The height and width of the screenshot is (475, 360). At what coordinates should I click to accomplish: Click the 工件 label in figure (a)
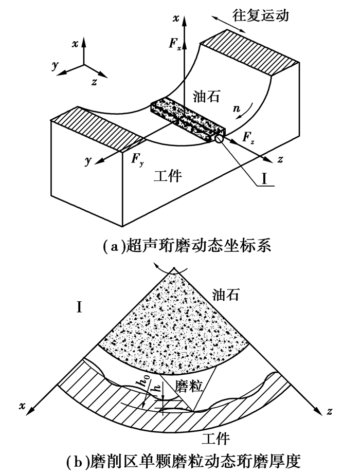168,176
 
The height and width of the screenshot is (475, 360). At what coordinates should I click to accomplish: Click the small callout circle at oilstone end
220,139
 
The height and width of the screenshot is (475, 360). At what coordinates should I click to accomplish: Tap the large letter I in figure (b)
80,307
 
